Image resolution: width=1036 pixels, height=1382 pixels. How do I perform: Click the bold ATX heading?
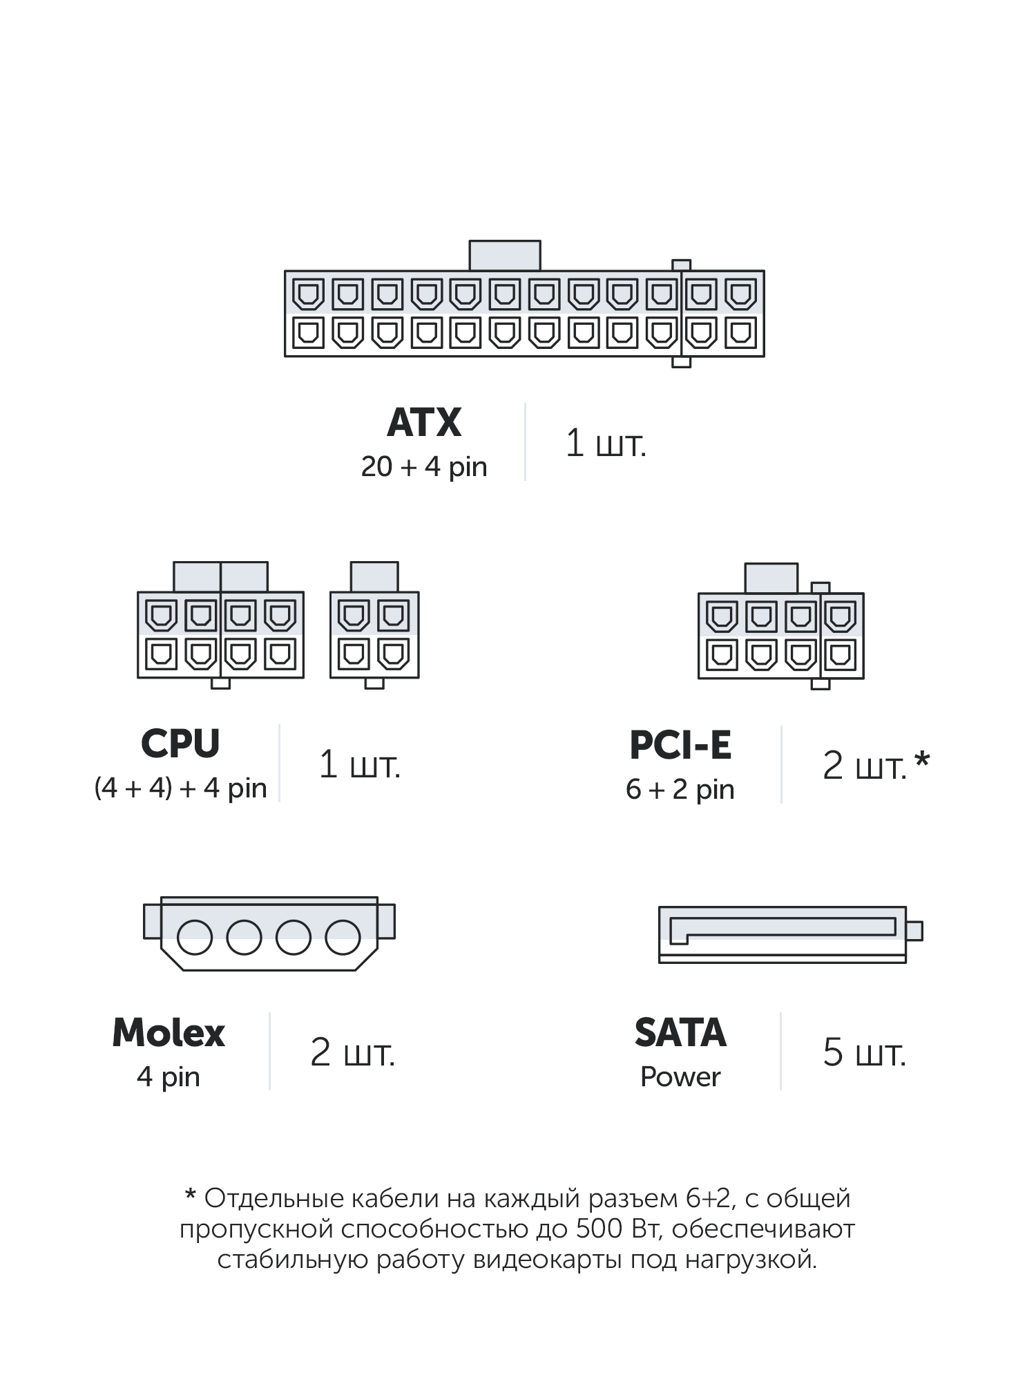424,423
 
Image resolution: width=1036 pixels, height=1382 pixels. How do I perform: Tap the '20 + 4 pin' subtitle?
424,467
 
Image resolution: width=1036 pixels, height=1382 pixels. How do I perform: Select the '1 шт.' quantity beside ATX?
606,443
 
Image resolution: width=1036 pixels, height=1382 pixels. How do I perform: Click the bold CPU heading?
180,744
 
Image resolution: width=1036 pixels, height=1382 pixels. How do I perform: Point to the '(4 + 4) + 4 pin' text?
180,788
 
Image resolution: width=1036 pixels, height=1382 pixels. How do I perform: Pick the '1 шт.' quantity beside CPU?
359,765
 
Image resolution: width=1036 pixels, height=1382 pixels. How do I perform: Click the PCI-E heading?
680,746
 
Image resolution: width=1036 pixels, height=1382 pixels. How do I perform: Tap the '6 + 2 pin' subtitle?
680,789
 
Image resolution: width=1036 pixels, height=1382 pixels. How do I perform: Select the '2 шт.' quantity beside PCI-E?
864,766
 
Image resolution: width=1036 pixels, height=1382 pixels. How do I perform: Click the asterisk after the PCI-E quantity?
922,762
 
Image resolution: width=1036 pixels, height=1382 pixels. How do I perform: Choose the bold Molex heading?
169,1034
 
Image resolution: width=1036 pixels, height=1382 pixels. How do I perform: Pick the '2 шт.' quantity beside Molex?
352,1053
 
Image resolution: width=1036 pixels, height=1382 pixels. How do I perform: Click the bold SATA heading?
680,1034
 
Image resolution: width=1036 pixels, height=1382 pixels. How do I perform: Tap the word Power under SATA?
680,1077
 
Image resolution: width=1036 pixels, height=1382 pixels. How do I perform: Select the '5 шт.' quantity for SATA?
864,1053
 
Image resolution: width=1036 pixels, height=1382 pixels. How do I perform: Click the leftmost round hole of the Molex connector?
195,938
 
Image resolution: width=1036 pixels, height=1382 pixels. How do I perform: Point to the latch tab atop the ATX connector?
505,255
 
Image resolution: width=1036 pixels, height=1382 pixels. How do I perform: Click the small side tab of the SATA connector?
914,931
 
